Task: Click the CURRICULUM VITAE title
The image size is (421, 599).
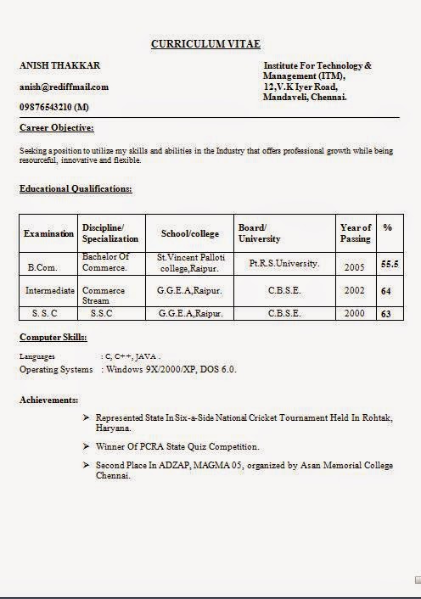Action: click(x=205, y=43)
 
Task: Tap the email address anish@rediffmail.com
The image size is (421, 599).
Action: click(x=64, y=87)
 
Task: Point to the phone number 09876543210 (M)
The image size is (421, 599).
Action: click(x=54, y=107)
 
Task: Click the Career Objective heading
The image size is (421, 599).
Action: click(x=56, y=128)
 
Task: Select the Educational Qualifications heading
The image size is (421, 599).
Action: click(x=76, y=188)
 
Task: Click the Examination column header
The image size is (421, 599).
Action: click(x=48, y=233)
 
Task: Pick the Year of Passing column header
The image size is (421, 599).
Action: click(x=355, y=233)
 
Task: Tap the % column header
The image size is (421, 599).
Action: click(x=387, y=228)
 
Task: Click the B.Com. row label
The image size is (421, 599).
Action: click(x=42, y=267)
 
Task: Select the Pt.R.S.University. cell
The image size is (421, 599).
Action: click(x=284, y=264)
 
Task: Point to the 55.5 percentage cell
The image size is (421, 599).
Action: click(x=390, y=265)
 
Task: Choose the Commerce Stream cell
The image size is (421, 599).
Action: click(x=104, y=295)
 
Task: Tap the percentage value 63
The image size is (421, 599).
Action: click(x=386, y=314)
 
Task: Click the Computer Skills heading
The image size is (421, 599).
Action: click(x=53, y=338)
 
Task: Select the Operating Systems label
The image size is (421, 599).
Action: click(x=56, y=370)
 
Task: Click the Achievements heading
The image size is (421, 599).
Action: click(x=48, y=400)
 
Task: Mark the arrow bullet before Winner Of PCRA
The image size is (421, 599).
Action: click(x=86, y=446)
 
